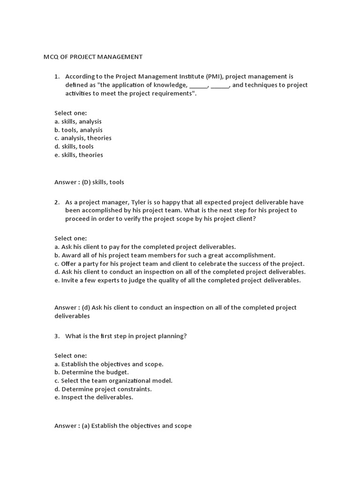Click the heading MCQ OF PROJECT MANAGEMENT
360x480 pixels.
pos(93,57)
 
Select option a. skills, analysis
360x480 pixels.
pos(78,121)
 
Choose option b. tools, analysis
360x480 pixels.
pos(78,130)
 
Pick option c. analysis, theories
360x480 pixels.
pos(83,138)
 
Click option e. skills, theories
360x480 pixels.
pos(79,155)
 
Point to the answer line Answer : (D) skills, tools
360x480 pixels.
pos(89,182)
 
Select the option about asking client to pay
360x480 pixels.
pos(145,247)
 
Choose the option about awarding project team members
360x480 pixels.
pos(165,255)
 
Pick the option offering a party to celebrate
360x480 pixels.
pos(180,263)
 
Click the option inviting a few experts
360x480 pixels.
pos(178,280)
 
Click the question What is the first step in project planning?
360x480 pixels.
pos(126,336)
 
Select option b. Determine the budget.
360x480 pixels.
pos(91,372)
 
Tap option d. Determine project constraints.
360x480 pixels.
pos(103,389)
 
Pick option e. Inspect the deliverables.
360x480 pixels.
pos(94,397)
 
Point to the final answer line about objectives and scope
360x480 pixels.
pos(123,426)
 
